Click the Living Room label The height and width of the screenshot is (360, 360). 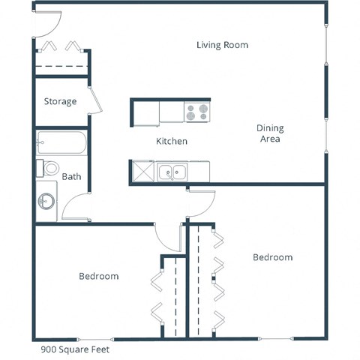coord(222,45)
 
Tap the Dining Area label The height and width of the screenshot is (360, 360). coord(270,133)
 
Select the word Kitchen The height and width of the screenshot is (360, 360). coord(171,141)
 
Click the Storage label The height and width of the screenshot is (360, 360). coord(60,101)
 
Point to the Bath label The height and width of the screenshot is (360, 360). coord(71,178)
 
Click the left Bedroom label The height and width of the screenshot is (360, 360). coord(98,276)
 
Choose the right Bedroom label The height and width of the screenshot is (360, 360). coord(272,257)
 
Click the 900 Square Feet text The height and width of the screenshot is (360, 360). coord(73,349)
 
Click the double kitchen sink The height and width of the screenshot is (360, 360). coord(172,172)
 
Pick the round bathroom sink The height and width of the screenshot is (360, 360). coord(47,202)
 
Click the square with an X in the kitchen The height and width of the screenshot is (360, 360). coord(142,172)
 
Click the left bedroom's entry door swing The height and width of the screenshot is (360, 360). coord(167,237)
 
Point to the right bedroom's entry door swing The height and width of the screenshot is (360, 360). coord(201,204)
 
